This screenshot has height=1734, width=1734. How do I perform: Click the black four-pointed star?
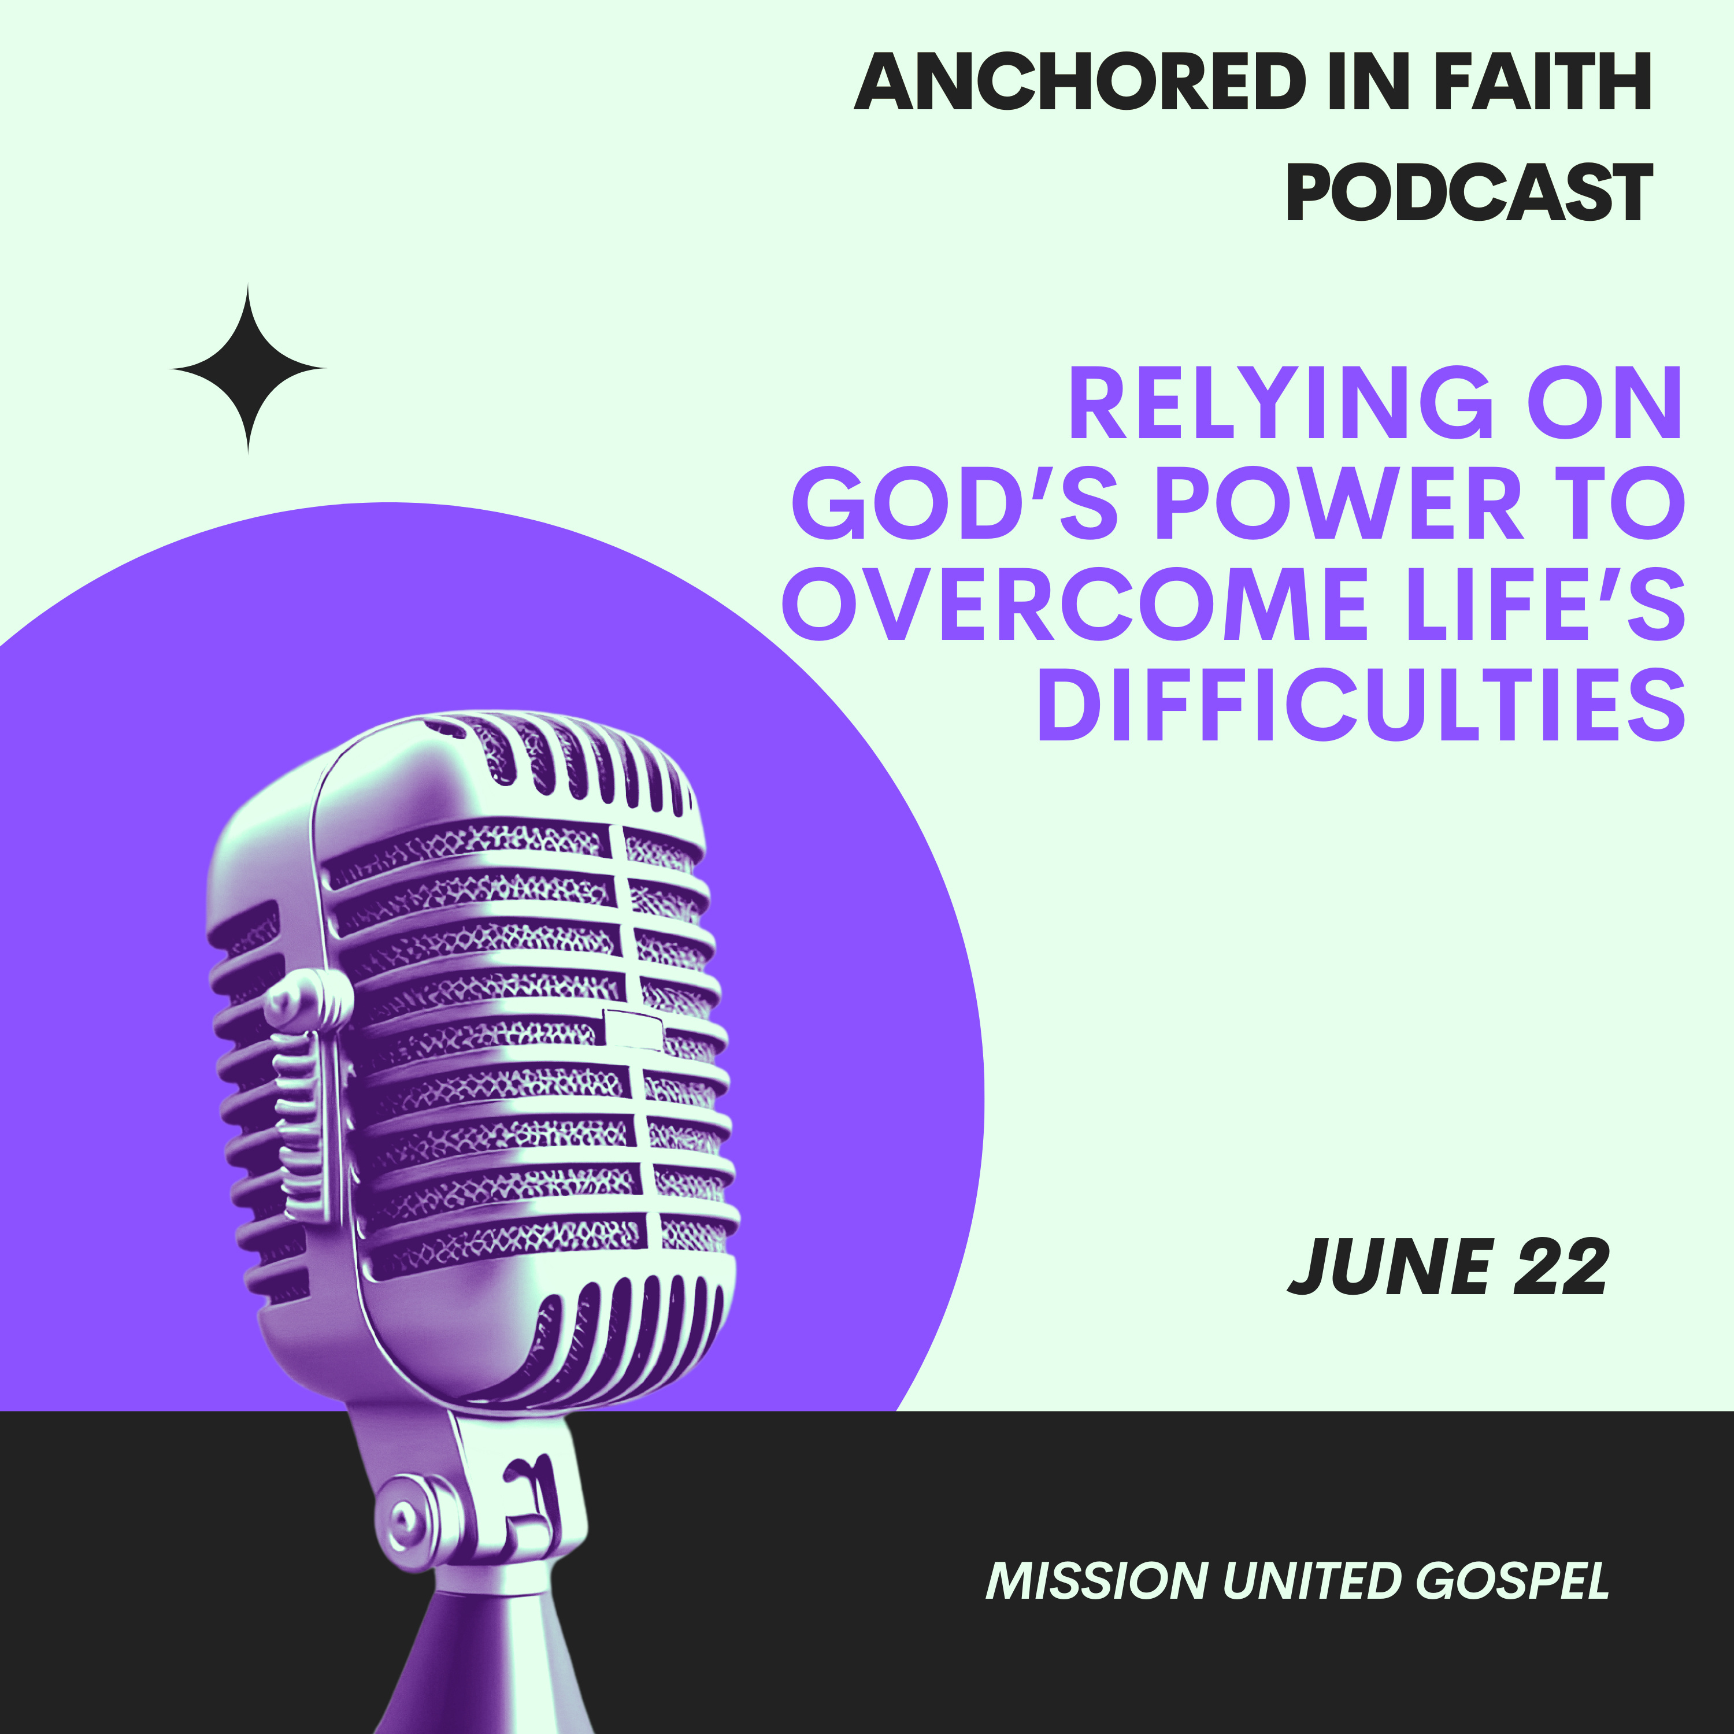tap(248, 369)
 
